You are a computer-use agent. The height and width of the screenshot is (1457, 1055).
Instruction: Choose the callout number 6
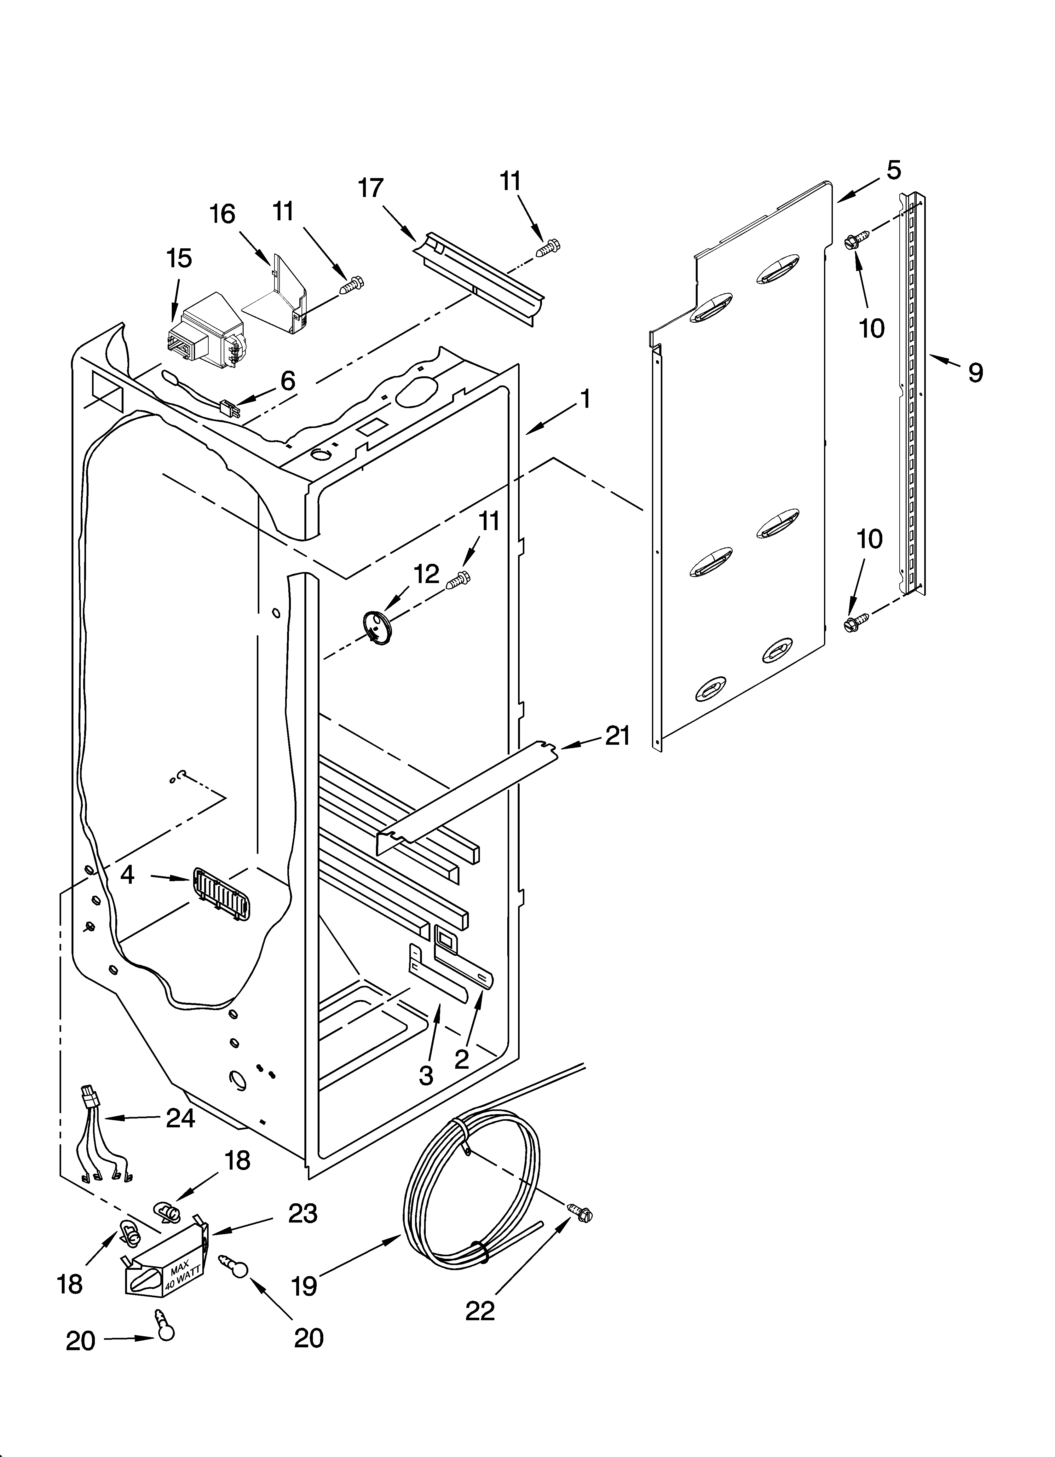(288, 381)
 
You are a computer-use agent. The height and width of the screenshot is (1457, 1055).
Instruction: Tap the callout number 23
(303, 1213)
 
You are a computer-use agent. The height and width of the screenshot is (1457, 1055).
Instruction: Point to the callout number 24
(181, 1119)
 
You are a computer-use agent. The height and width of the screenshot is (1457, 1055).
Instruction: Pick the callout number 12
(427, 573)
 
